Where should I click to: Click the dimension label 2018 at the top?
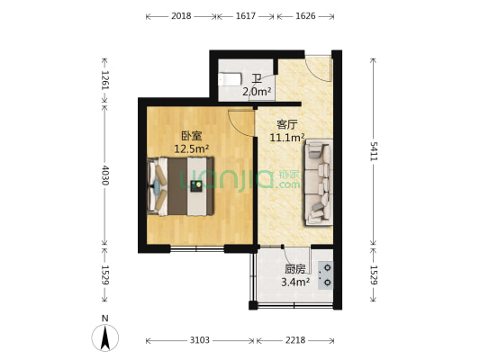180,16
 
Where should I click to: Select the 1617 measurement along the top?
246,16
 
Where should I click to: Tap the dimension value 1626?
305,16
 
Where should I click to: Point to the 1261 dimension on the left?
105,81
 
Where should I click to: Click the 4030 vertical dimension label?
105,174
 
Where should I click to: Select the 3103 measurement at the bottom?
200,341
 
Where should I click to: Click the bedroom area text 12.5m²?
191,148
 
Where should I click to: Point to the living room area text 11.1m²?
287,138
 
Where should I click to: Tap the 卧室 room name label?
190,136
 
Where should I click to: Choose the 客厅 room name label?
286,125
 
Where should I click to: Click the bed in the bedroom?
182,186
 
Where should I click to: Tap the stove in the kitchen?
326,274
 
